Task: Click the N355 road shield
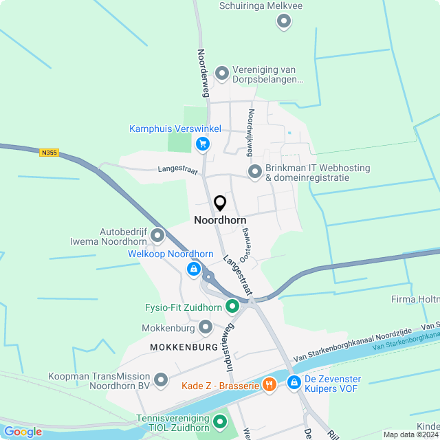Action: pos(48,153)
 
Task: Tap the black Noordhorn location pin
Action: pos(220,203)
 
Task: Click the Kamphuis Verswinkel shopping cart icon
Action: pos(202,144)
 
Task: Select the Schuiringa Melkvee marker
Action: pos(283,22)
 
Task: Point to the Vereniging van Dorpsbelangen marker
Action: pos(221,73)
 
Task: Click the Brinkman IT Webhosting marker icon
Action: pos(254,171)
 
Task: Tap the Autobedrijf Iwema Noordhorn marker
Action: pos(157,236)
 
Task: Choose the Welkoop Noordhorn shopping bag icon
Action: pos(195,269)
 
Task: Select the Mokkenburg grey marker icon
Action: pos(205,327)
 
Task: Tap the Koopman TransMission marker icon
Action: pos(161,379)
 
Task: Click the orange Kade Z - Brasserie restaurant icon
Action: pos(269,386)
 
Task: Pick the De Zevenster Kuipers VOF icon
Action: pos(294,382)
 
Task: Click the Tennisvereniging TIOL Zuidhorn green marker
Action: pos(219,421)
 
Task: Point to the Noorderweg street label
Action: pos(203,71)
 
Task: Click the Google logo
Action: pos(23,432)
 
